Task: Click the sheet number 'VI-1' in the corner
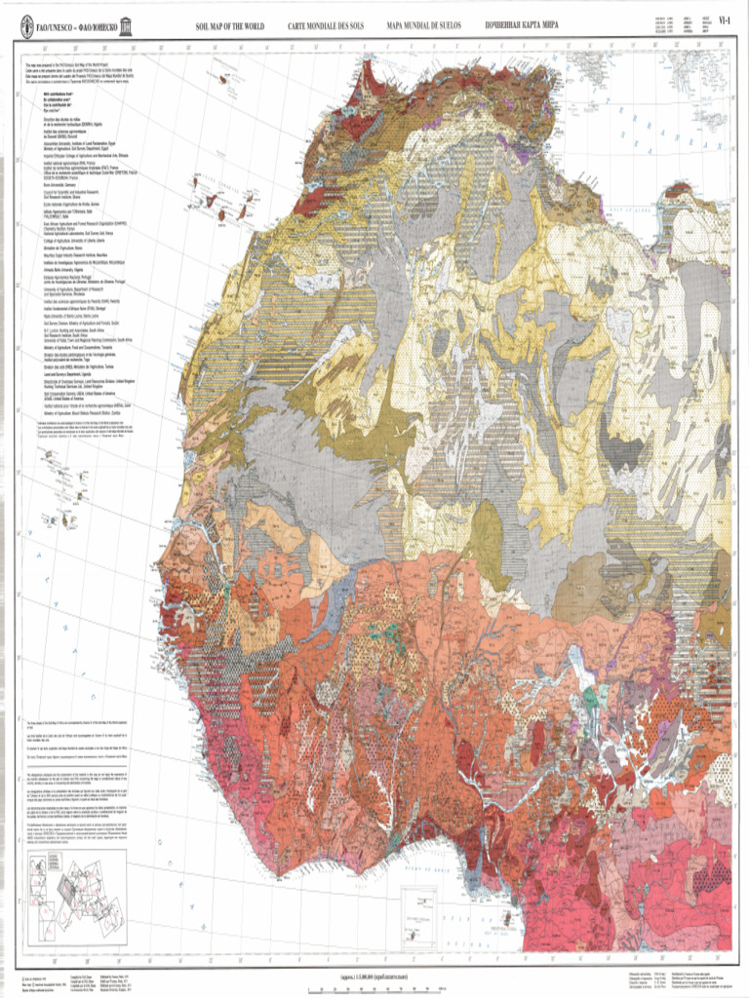pos(724,18)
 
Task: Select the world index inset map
pos(77,893)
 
